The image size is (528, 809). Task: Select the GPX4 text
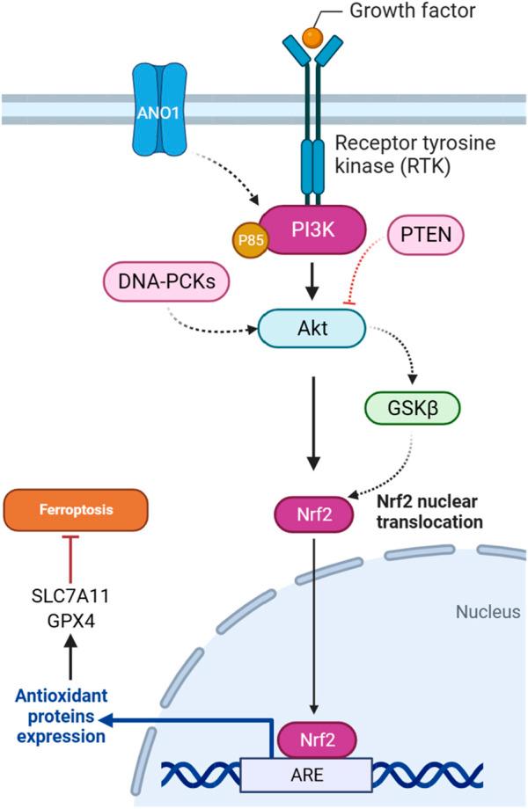coord(73,619)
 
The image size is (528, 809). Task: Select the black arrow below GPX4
coord(73,659)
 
